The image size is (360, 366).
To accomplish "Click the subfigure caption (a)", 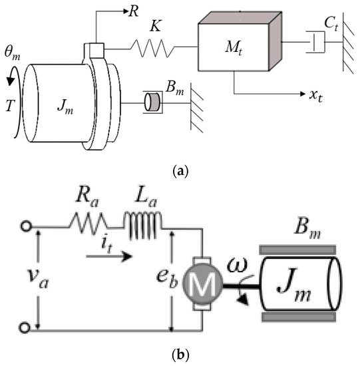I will coord(180,172).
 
